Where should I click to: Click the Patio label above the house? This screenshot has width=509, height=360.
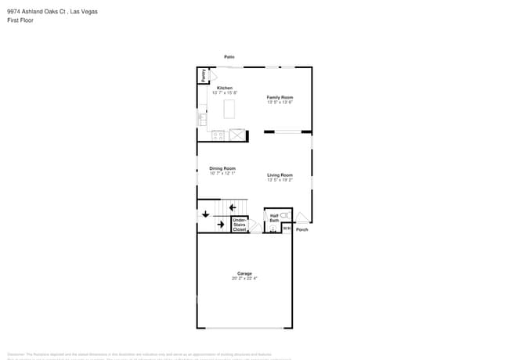(x=229, y=57)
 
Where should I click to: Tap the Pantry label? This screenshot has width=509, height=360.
(x=203, y=76)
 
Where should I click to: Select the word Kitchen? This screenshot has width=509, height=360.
(x=225, y=88)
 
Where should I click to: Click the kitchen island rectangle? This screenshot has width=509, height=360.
(x=229, y=109)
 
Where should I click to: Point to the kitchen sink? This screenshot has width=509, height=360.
(x=202, y=119)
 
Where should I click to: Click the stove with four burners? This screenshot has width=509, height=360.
(x=218, y=135)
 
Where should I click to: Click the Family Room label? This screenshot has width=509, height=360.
(x=280, y=97)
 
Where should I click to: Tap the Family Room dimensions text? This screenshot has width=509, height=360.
(x=280, y=102)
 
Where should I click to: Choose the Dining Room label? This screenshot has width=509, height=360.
(x=222, y=168)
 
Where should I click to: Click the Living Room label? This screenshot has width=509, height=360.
(x=280, y=175)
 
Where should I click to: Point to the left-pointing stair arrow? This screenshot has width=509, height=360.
(x=233, y=207)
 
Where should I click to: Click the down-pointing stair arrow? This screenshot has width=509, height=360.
(x=207, y=213)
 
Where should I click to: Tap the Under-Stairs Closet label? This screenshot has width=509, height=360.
(x=240, y=225)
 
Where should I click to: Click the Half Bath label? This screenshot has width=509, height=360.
(x=275, y=218)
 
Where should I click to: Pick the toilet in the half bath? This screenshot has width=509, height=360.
(x=284, y=214)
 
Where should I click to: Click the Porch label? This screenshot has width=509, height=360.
(x=302, y=229)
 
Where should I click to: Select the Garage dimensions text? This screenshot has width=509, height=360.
(x=244, y=278)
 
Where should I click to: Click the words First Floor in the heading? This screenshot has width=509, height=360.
(x=20, y=20)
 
